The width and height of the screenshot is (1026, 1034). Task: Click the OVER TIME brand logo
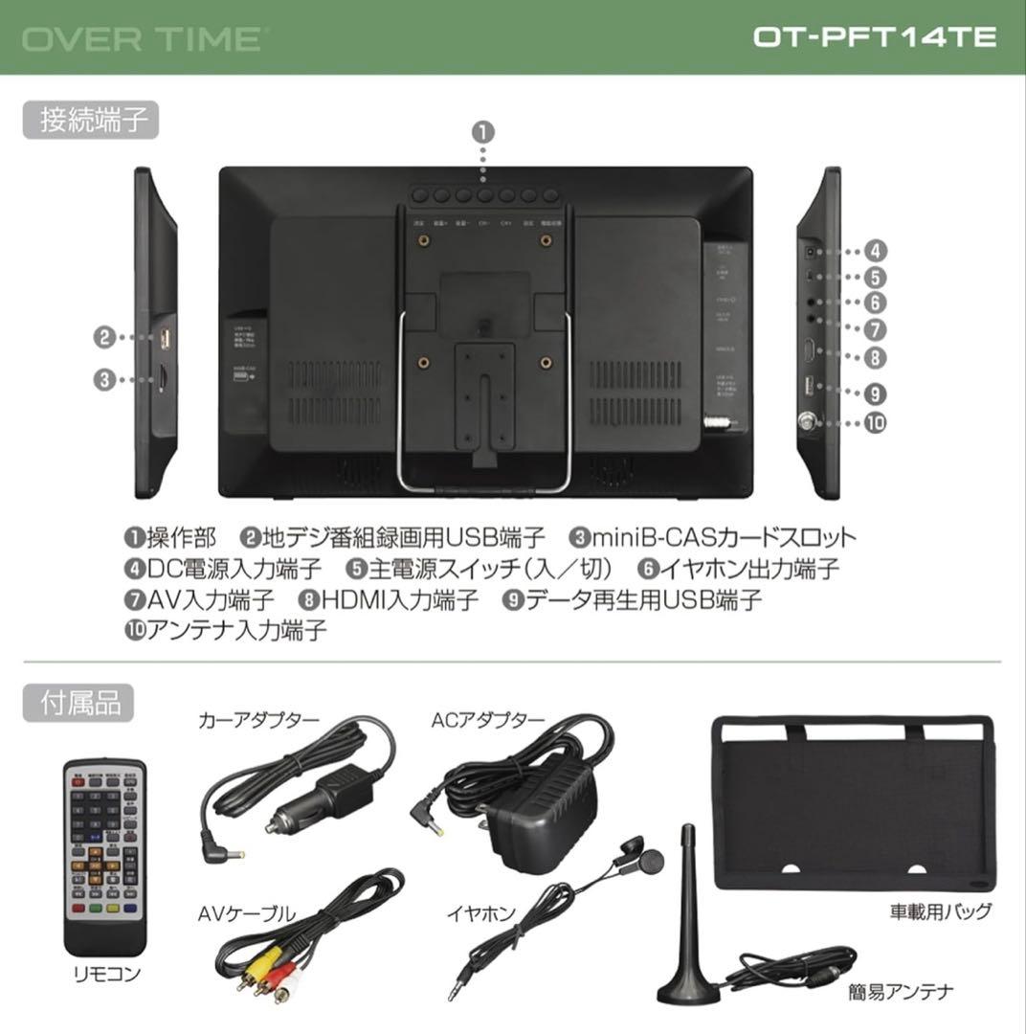[142, 39]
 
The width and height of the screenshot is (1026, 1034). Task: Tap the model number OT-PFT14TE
[874, 37]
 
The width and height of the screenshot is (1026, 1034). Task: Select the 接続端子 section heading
[92, 122]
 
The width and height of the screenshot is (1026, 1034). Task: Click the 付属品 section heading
[79, 703]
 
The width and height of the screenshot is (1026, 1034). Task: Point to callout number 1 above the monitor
[484, 131]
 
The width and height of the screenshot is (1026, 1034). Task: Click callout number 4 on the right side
[875, 252]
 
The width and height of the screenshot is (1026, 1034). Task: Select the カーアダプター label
[258, 719]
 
